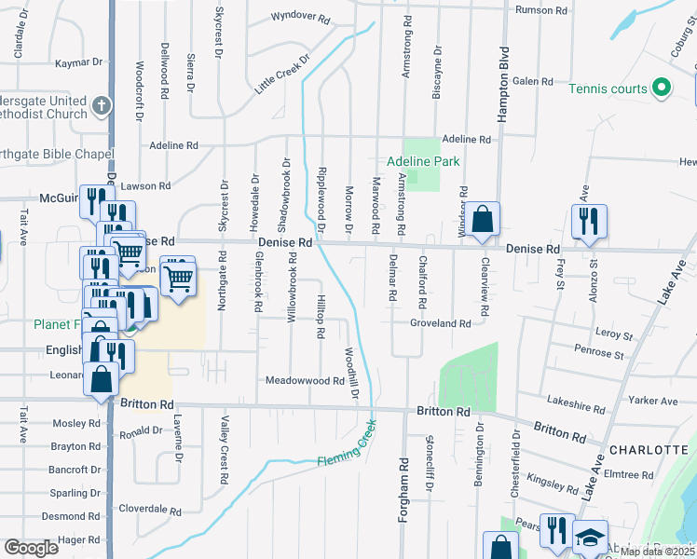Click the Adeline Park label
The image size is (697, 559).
point(424,161)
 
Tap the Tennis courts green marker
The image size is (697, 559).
point(662,89)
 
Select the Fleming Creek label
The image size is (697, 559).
point(346,446)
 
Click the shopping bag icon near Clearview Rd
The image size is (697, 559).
point(484,220)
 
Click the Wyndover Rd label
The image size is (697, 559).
point(301,17)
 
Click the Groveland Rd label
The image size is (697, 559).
point(440,323)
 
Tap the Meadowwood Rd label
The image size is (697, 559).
point(305,381)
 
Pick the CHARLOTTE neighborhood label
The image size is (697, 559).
point(649,450)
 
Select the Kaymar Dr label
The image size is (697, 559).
point(77,62)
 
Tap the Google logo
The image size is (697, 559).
point(31,548)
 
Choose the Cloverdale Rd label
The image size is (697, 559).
point(150,510)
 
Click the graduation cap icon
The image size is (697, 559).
point(589,539)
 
